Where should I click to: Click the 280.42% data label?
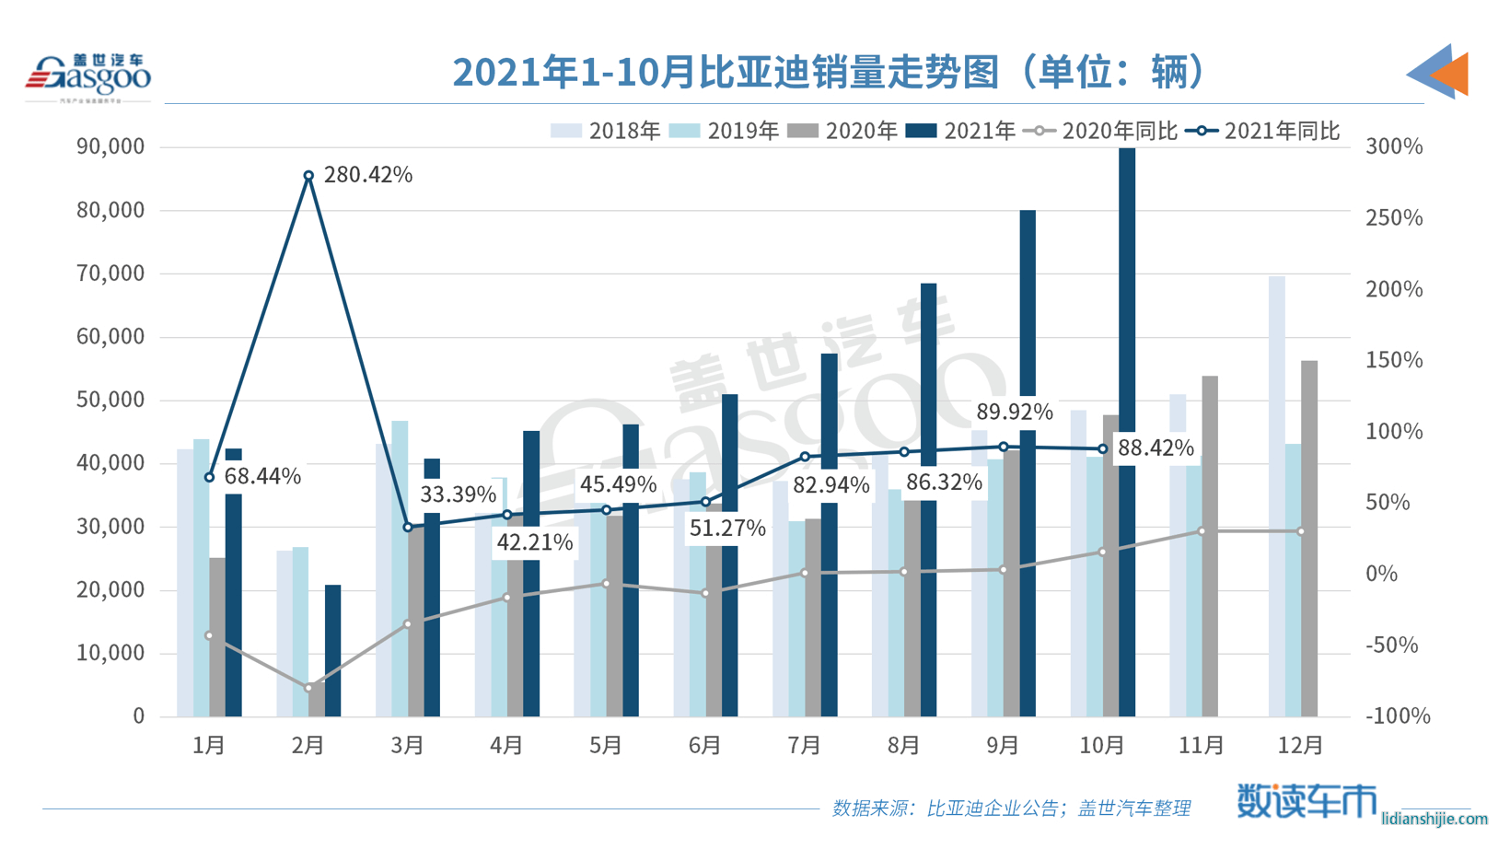[x=367, y=175]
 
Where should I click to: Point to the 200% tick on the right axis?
[x=1394, y=289]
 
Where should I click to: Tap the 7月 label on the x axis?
[x=804, y=744]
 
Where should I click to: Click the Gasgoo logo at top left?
[x=88, y=76]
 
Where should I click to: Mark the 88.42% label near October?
[x=1155, y=448]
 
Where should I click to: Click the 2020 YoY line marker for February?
[x=308, y=688]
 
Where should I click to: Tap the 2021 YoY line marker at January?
[x=209, y=477]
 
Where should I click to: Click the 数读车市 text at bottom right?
[x=1305, y=800]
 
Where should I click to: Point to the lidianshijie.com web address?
[x=1434, y=819]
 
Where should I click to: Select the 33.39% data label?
[x=458, y=494]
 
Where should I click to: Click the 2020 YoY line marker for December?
[x=1301, y=531]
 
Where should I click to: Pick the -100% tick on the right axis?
[x=1397, y=715]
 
